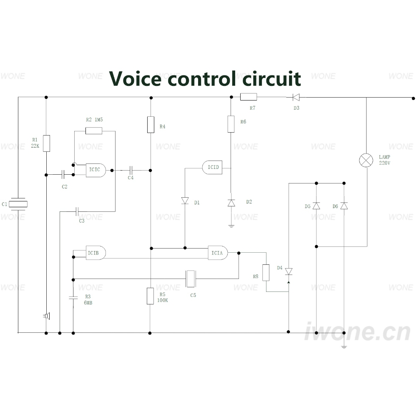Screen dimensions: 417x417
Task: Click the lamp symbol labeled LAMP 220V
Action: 366,161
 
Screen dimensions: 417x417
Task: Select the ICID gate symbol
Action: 212,167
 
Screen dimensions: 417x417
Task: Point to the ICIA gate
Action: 218,253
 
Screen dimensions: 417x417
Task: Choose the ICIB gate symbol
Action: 96,253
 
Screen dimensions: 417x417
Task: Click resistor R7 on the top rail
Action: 249,97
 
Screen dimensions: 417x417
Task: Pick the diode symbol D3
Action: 296,97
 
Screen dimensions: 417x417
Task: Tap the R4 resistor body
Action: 151,124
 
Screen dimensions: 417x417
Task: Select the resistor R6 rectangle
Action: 231,124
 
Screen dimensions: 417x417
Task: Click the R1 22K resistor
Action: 47,143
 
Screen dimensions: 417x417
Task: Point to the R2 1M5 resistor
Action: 94,131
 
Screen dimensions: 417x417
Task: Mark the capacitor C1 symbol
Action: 18,204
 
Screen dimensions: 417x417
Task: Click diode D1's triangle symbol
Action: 185,201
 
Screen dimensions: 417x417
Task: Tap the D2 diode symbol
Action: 231,203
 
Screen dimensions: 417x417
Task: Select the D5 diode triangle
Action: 316,206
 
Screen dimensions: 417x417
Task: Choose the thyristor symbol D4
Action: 289,271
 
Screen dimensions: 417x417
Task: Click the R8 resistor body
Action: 266,273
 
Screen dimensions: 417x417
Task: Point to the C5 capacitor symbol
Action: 191,279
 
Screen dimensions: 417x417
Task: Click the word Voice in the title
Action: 135,79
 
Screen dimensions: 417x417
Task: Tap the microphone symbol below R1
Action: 47,316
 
